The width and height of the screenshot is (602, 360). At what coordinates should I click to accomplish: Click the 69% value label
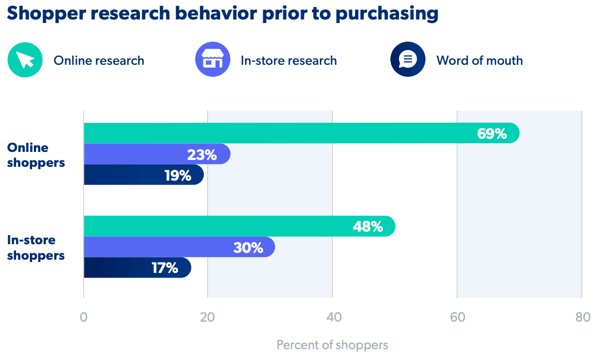(x=492, y=134)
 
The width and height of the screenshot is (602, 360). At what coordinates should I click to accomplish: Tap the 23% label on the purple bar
(x=202, y=155)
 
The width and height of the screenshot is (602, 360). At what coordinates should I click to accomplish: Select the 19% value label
(x=178, y=175)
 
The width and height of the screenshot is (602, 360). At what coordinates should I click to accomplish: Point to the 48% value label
(x=368, y=226)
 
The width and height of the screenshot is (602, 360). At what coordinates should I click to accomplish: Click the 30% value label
(x=248, y=248)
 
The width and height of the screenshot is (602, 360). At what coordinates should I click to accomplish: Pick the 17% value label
(x=165, y=268)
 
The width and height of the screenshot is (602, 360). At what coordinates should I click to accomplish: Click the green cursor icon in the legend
(x=25, y=60)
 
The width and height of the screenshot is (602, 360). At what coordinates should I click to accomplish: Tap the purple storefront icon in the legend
(x=213, y=60)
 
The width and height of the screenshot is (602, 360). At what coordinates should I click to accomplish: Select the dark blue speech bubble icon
(x=408, y=60)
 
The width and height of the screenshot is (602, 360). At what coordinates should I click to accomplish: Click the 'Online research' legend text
(x=99, y=61)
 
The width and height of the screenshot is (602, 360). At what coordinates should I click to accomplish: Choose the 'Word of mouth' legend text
(x=479, y=61)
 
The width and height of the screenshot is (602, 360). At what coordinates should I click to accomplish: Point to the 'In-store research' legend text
(x=289, y=61)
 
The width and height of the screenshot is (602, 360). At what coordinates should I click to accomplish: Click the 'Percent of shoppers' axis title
(x=333, y=345)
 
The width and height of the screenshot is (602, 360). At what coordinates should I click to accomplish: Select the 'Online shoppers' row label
(x=36, y=155)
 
